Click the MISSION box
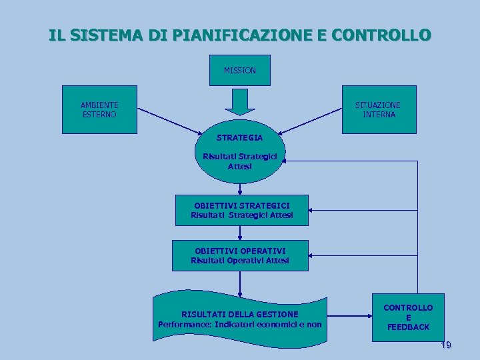click(x=239, y=70)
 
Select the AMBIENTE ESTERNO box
click(x=99, y=110)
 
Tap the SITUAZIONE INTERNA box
click(x=378, y=110)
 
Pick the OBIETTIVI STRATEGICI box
click(x=241, y=210)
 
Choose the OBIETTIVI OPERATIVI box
click(x=240, y=255)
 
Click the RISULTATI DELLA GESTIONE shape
click(x=240, y=319)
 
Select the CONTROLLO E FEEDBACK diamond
click(x=408, y=317)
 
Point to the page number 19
click(x=446, y=345)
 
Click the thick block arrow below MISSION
click(x=239, y=102)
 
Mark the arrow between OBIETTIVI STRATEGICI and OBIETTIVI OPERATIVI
click(x=240, y=232)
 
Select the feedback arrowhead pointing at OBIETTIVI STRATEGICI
click(x=313, y=210)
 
